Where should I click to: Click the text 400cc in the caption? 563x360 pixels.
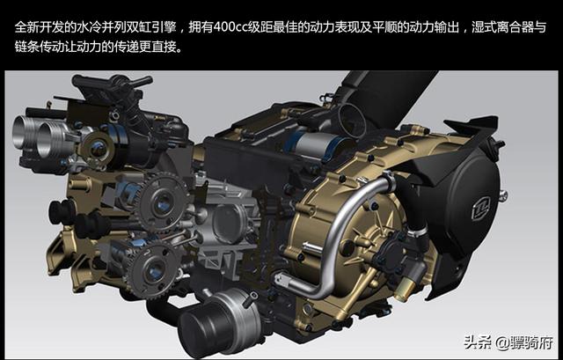tap(230, 27)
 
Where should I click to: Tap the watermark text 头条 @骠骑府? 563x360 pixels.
tap(508, 342)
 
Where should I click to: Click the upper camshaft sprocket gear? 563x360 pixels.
tap(162, 202)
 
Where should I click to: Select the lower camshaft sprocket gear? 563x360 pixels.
tap(152, 269)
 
